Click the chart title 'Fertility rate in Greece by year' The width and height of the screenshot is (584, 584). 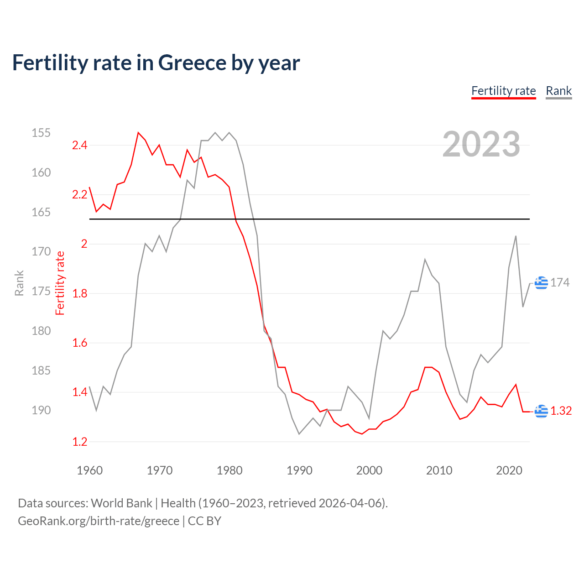[x=156, y=63]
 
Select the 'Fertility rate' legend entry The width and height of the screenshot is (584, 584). [x=503, y=91]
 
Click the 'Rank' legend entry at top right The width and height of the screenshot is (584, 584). [x=558, y=91]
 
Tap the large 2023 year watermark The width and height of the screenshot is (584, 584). [x=481, y=144]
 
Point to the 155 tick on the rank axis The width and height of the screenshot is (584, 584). [x=41, y=133]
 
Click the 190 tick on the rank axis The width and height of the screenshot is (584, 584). [x=41, y=410]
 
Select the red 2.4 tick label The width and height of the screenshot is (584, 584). [x=79, y=146]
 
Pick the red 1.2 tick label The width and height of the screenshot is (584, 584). [x=79, y=442]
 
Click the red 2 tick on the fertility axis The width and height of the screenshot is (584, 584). [x=84, y=244]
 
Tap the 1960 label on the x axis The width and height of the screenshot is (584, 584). [x=89, y=470]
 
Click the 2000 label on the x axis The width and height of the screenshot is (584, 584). [x=369, y=470]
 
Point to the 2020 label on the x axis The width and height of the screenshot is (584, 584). [x=509, y=470]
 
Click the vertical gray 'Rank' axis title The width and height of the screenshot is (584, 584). [x=19, y=283]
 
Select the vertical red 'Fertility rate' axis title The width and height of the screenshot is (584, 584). [x=60, y=283]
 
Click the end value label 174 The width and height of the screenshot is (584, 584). [x=560, y=283]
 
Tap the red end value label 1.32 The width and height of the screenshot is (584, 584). [x=561, y=411]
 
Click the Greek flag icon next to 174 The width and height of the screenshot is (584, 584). [x=541, y=283]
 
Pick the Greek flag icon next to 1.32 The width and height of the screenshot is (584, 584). [x=541, y=411]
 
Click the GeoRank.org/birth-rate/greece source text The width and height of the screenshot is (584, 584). [x=99, y=521]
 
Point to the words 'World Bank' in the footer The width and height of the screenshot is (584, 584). [x=121, y=503]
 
